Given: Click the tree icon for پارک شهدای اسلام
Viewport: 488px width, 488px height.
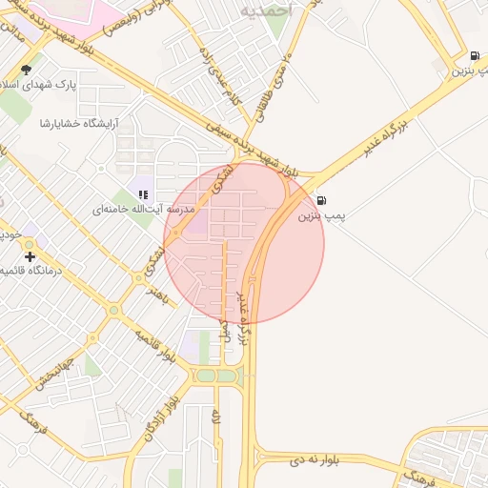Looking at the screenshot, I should [x=26, y=70].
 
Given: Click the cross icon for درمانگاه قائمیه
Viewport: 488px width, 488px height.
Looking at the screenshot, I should [x=30, y=256].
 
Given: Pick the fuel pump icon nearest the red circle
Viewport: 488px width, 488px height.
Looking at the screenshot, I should [x=322, y=200].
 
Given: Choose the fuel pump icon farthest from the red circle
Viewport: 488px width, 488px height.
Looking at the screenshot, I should [x=474, y=56].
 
